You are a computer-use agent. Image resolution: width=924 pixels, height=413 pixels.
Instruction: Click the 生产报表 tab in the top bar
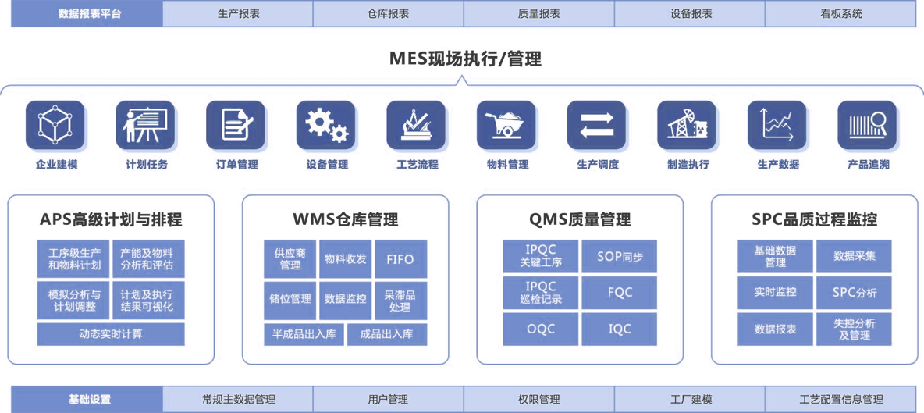(x=237, y=13)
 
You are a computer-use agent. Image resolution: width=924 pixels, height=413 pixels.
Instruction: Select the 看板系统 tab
(x=841, y=13)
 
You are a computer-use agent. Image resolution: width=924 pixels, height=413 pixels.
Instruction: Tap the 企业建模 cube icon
(x=55, y=125)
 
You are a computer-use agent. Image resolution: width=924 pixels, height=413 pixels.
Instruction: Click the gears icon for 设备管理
(x=326, y=125)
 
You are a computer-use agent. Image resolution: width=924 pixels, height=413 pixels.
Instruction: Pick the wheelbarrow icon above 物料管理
(x=506, y=125)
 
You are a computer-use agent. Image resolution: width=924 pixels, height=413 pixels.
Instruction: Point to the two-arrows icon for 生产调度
(x=596, y=125)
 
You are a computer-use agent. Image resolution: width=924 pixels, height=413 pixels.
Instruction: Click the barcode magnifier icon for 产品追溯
(x=867, y=125)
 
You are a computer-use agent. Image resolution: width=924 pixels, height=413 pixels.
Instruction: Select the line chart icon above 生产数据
(x=777, y=125)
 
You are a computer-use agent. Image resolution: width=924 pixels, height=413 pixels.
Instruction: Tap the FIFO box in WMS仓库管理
(x=400, y=259)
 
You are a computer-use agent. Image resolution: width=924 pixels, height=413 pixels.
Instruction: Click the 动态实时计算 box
(x=111, y=334)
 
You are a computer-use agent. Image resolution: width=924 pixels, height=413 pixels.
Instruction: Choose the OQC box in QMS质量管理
(x=540, y=329)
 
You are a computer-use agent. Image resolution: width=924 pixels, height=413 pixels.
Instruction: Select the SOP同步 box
(x=619, y=256)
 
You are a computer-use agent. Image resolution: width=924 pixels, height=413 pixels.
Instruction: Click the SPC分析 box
(x=854, y=292)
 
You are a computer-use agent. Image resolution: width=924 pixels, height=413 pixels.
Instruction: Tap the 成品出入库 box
(x=387, y=334)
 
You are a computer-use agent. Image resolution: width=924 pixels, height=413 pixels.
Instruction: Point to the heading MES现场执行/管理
(x=466, y=59)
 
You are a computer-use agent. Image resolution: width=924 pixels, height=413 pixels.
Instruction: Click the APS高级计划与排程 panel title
(x=111, y=219)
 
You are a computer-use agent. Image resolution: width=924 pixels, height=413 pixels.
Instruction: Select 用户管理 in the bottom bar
(x=388, y=399)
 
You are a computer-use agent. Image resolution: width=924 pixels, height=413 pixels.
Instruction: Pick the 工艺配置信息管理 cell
(x=841, y=399)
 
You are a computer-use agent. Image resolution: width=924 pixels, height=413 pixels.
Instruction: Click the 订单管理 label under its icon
(x=236, y=165)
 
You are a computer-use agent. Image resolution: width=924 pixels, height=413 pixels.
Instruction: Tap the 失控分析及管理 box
(x=854, y=329)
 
